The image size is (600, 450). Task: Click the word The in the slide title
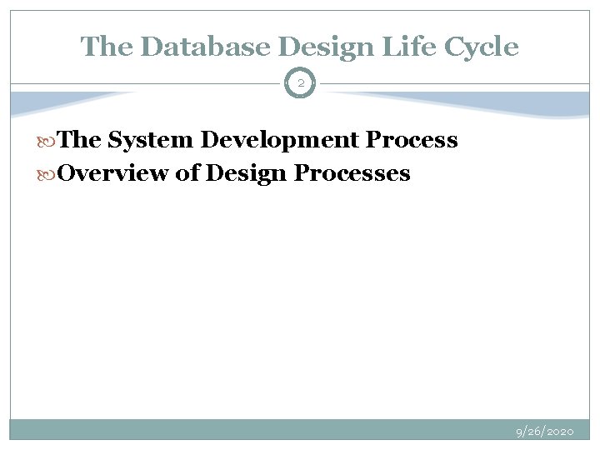(x=103, y=47)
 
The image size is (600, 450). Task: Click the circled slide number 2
(x=300, y=83)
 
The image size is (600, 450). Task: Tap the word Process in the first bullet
(x=417, y=141)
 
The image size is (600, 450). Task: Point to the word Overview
(x=112, y=173)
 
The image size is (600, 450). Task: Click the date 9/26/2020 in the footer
(x=545, y=432)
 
